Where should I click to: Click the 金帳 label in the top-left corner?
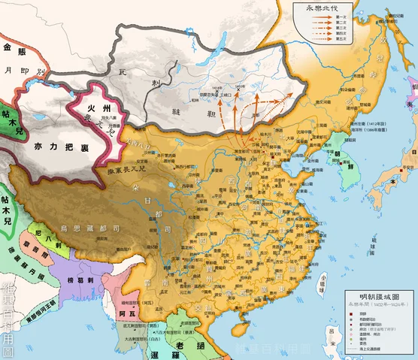17,50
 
